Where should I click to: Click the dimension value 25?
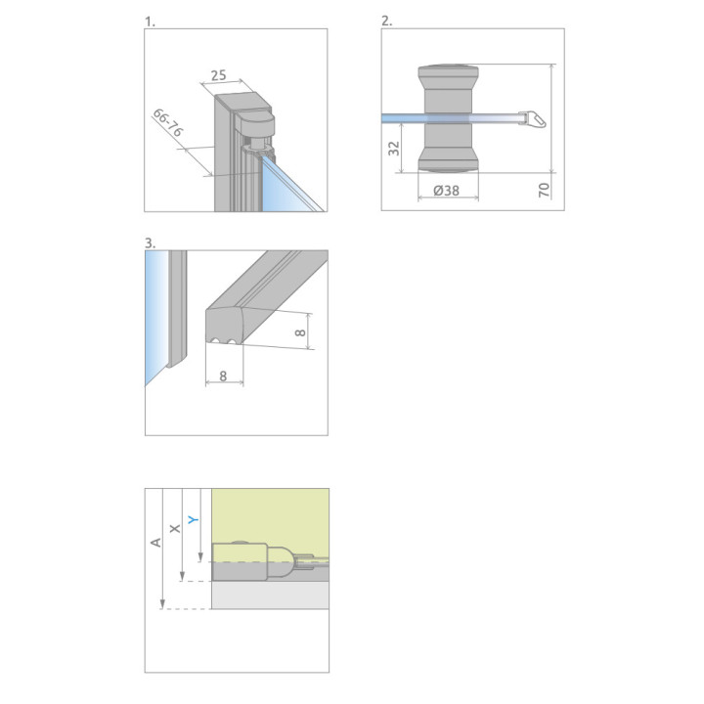pos(218,75)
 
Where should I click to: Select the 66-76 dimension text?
pos(168,122)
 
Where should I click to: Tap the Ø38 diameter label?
pos(446,191)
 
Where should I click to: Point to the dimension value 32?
pos(394,149)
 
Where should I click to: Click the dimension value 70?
pos(544,190)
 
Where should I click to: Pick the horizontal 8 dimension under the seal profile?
pos(223,375)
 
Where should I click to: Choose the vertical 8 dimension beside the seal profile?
pos(300,332)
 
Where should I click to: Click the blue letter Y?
pos(193,519)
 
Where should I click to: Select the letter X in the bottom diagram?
pos(175,528)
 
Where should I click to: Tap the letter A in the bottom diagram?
pos(155,542)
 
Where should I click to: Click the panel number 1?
pos(150,22)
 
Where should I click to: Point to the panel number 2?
pos(386,21)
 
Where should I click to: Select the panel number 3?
pos(150,243)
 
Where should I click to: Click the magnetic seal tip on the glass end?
pos(533,119)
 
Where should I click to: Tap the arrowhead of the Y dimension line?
pos(200,557)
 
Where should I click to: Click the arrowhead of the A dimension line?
pos(162,604)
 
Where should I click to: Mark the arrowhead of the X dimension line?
pos(182,576)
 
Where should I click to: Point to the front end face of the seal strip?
pos(224,327)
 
